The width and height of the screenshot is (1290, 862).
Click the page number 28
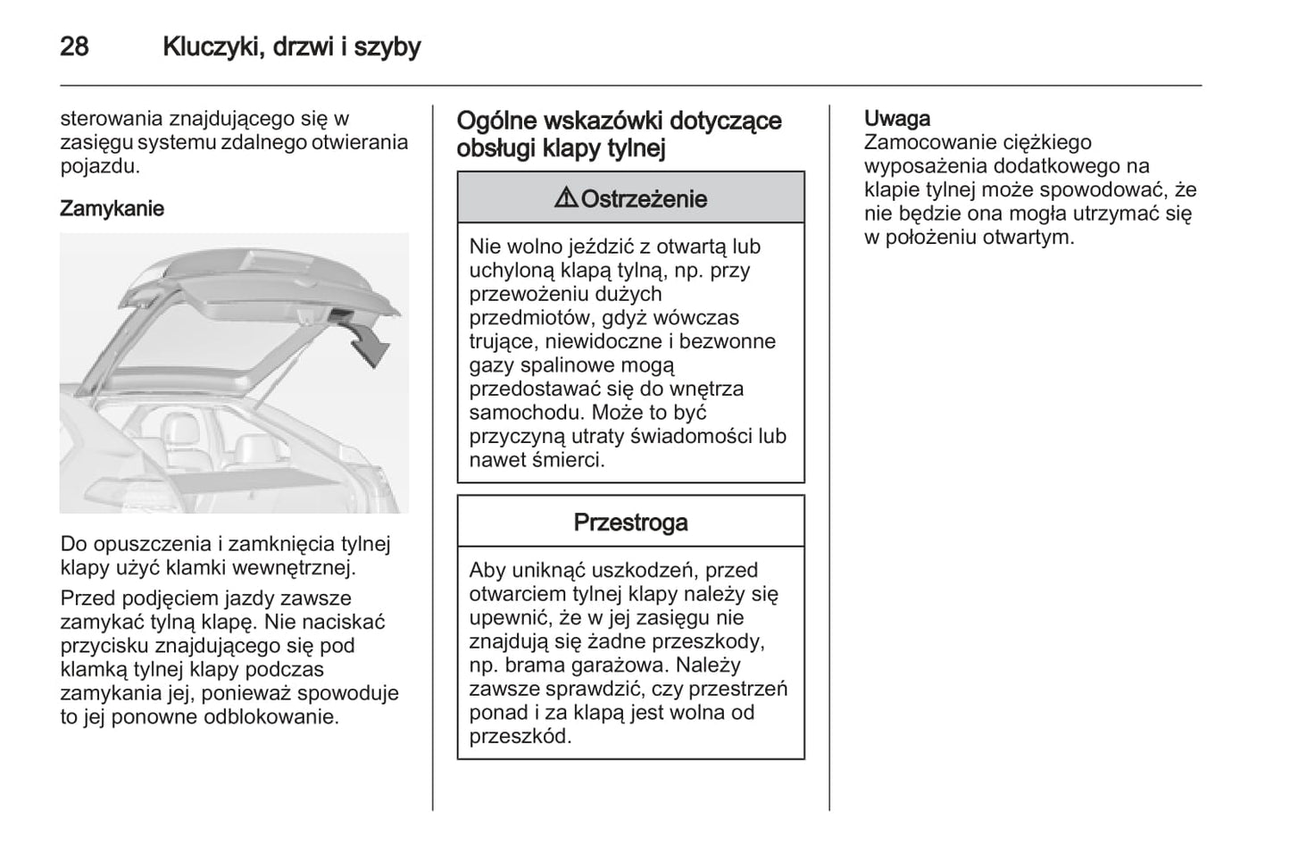pyautogui.click(x=74, y=46)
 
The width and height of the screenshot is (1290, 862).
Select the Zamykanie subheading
pyautogui.click(x=112, y=208)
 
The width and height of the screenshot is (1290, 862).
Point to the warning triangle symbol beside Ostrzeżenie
pyautogui.click(x=565, y=198)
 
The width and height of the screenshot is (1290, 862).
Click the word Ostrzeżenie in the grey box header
pyautogui.click(x=644, y=199)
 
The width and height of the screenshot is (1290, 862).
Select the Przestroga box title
pyautogui.click(x=630, y=523)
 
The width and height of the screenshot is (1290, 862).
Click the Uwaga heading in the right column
pyautogui.click(x=896, y=118)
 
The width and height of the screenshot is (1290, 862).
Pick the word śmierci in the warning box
pyautogui.click(x=569, y=460)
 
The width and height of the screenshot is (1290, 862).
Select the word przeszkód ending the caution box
pyautogui.click(x=520, y=737)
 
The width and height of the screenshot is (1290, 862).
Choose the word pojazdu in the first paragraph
pyautogui.click(x=99, y=166)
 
